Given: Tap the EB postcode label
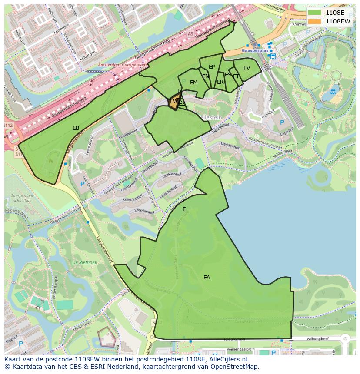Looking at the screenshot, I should [x=76, y=128].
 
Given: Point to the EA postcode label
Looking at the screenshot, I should [x=207, y=277].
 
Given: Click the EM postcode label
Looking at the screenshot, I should [x=193, y=83].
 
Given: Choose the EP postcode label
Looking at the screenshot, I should [x=212, y=67].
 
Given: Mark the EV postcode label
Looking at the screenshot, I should [x=247, y=68].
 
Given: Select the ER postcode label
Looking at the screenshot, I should [x=220, y=82].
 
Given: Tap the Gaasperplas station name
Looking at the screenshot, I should [x=253, y=50].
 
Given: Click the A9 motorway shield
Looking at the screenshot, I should [x=190, y=33].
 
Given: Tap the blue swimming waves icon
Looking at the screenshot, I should [x=333, y=92].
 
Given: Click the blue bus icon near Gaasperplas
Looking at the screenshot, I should [x=273, y=56].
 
